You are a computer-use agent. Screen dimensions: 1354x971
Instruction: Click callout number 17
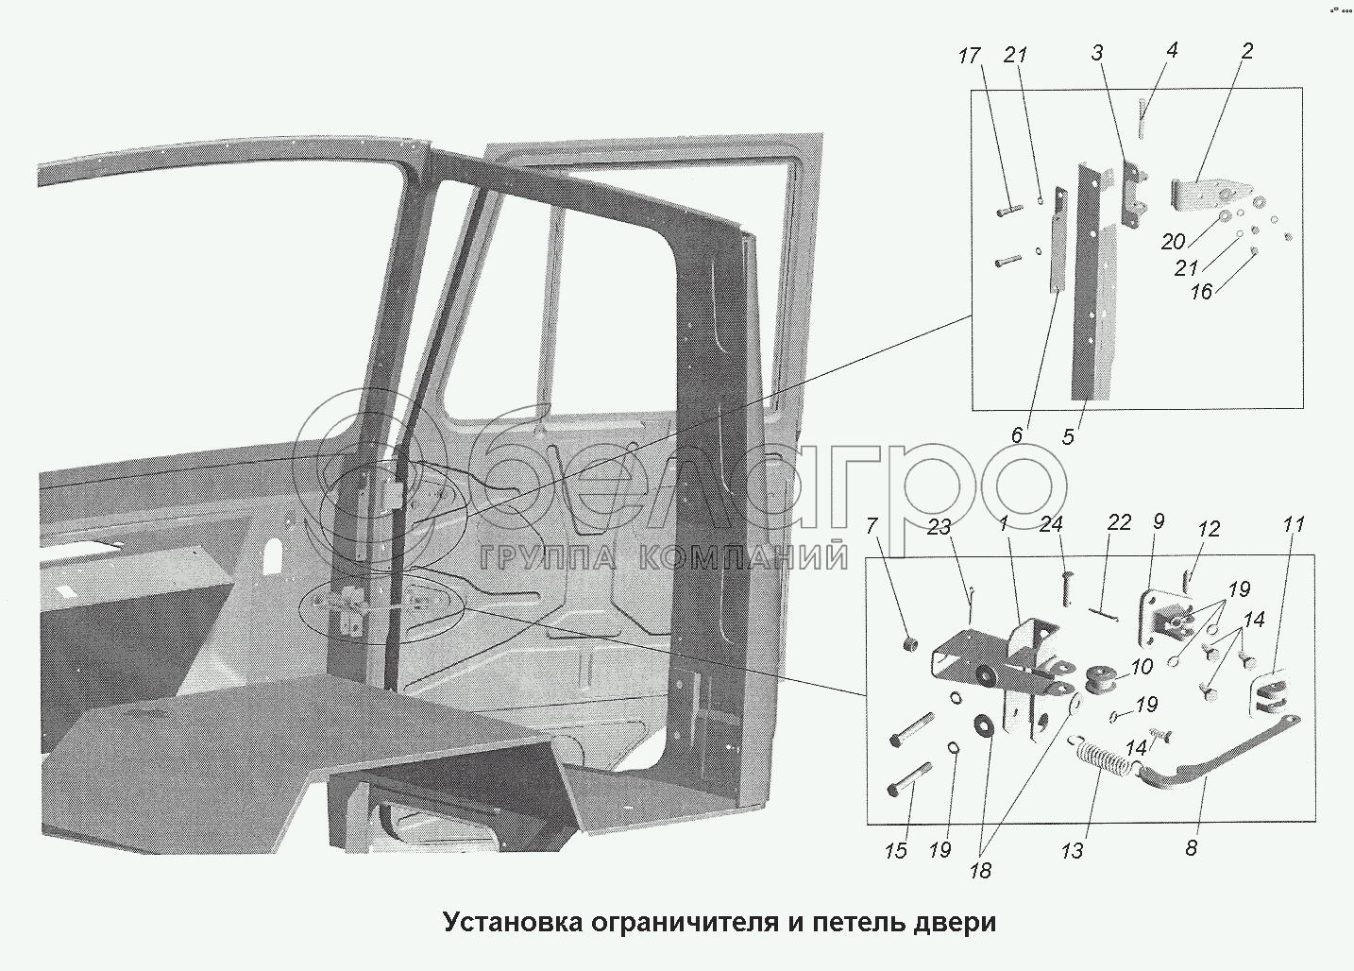pyautogui.click(x=969, y=57)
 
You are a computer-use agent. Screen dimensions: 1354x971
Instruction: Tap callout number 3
pyautogui.click(x=1097, y=54)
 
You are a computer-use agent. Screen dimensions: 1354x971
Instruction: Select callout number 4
pyautogui.click(x=1172, y=50)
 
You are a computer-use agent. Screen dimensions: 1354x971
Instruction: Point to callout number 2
pyautogui.click(x=1246, y=51)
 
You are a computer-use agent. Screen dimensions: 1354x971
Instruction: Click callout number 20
pyautogui.click(x=1174, y=243)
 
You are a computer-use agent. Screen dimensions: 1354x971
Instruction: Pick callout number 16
pyautogui.click(x=1200, y=293)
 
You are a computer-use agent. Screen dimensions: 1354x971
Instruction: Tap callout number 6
pyautogui.click(x=1017, y=435)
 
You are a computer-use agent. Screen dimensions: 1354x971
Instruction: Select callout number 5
pyautogui.click(x=1068, y=437)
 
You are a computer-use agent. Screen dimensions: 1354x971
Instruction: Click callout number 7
pyautogui.click(x=872, y=525)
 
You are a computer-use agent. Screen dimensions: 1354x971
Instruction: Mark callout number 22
pyautogui.click(x=1119, y=522)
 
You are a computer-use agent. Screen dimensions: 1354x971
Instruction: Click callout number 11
pyautogui.click(x=1294, y=525)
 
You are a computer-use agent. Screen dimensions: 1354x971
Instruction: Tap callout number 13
pyautogui.click(x=1072, y=851)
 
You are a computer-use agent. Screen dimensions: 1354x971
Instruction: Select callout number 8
pyautogui.click(x=1191, y=848)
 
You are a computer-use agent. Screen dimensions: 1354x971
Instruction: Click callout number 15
pyautogui.click(x=895, y=851)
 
